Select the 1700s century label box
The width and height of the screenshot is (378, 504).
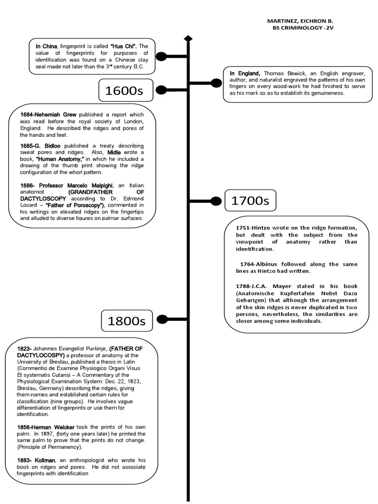(x=251, y=201)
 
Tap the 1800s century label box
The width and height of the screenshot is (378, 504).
(x=127, y=321)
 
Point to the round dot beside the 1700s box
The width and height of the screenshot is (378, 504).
(x=216, y=201)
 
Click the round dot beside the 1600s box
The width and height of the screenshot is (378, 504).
(x=161, y=90)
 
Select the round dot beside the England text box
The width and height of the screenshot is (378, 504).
(x=216, y=83)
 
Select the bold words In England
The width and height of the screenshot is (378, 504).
(x=245, y=73)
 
